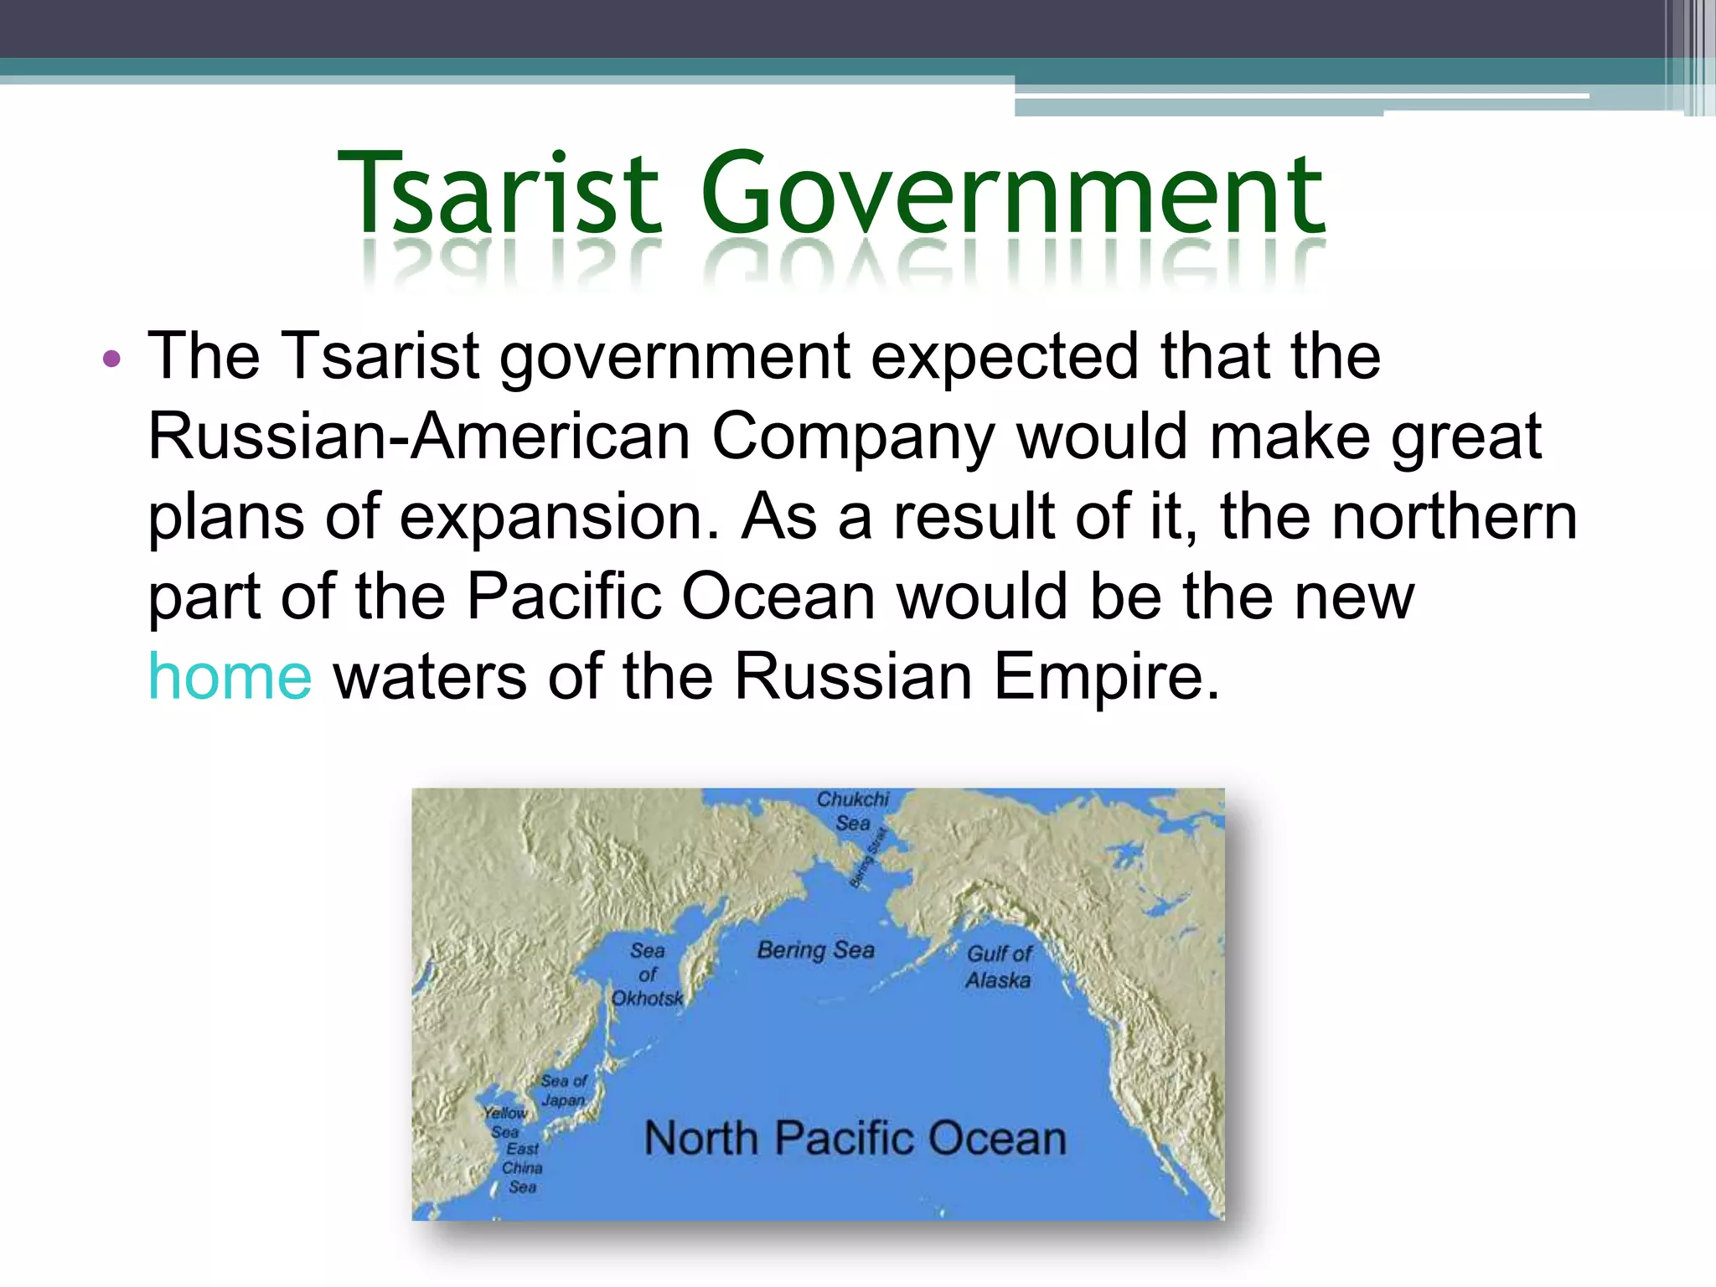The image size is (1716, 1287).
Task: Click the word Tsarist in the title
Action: click(499, 194)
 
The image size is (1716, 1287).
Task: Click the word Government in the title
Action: click(1012, 194)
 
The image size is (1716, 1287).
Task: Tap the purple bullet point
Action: click(111, 360)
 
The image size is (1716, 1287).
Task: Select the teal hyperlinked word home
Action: click(230, 677)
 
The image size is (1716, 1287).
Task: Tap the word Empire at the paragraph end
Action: click(1106, 677)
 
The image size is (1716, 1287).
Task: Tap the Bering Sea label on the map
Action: click(815, 950)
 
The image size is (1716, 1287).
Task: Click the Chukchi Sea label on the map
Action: click(853, 811)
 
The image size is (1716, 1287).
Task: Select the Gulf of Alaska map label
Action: click(999, 966)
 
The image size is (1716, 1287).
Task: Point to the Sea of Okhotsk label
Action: click(647, 974)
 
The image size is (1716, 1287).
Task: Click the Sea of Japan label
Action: click(563, 1090)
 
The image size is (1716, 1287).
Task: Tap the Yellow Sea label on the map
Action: click(505, 1122)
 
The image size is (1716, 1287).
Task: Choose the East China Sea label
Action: click(523, 1167)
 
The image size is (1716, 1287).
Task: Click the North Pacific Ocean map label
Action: click(855, 1139)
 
